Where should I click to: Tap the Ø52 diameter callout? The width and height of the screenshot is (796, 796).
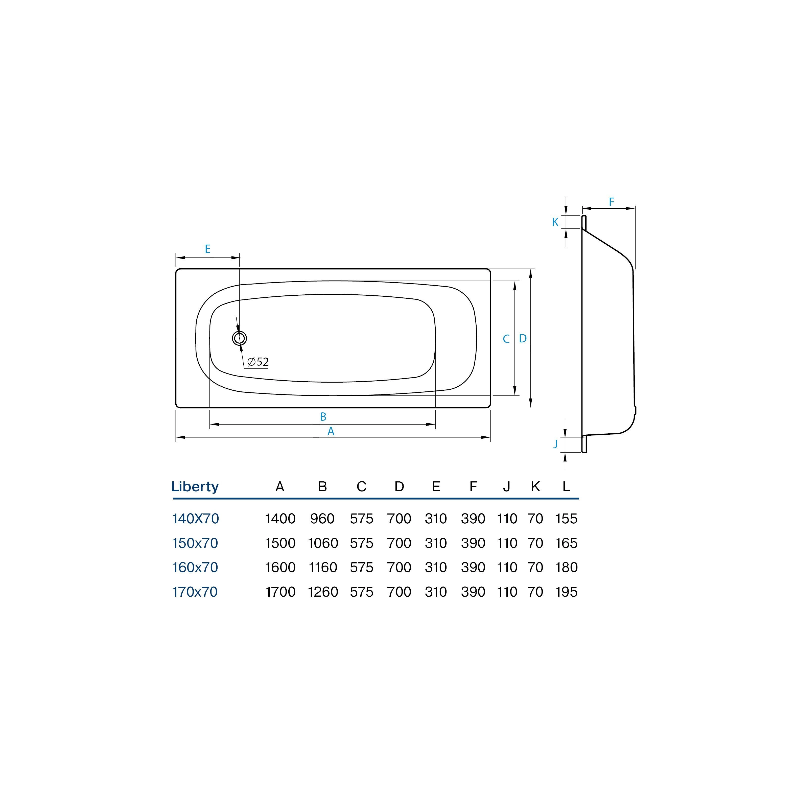pos(258,362)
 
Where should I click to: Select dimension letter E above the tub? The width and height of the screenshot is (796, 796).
pos(208,249)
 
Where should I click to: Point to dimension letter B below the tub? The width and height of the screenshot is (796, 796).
pos(323,416)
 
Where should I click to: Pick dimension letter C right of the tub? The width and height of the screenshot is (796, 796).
pos(506,339)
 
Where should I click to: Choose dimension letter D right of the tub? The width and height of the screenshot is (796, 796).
pos(523,338)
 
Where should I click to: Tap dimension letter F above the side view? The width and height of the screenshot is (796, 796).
pos(612,202)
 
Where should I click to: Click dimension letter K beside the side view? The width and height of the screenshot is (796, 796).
pos(555,222)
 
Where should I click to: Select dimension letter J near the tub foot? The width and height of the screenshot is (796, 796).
pos(555,444)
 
